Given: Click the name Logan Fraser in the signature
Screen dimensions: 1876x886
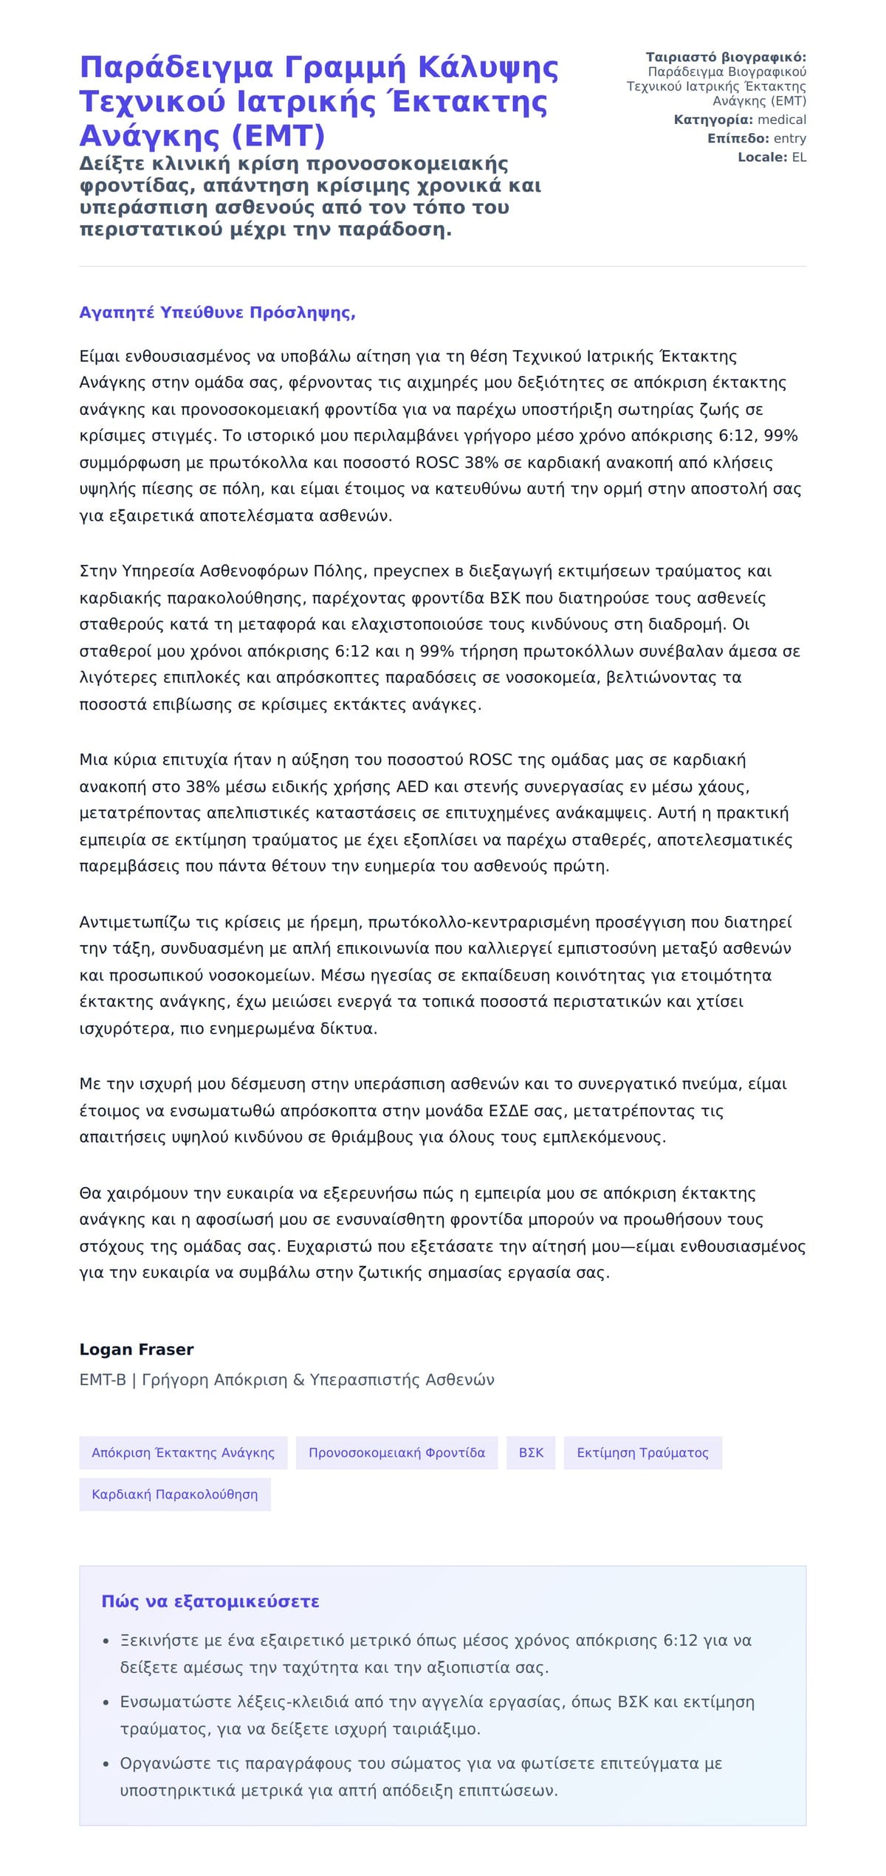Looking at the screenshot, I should [x=136, y=1349].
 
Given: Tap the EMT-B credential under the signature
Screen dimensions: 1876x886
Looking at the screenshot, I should [x=103, y=1379].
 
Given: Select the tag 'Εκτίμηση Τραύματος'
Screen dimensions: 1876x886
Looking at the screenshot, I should [x=642, y=1452].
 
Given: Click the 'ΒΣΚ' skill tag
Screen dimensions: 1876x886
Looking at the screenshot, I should [x=531, y=1452].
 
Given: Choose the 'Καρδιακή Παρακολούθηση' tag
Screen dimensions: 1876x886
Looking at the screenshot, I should [x=175, y=1494].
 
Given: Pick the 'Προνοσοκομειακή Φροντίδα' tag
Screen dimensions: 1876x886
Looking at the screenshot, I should [x=396, y=1452].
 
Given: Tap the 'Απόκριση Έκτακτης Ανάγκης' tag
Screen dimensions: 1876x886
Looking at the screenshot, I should [x=183, y=1452].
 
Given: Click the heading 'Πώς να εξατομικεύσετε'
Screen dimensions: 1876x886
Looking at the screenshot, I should [x=210, y=1601].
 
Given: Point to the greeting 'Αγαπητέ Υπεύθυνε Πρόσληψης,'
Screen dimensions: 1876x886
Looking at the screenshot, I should [x=217, y=312].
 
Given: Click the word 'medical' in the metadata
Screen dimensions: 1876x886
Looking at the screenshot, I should [x=782, y=120].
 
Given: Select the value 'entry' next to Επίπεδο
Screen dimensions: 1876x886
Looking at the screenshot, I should [x=789, y=138].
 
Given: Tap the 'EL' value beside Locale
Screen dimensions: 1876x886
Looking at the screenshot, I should [x=799, y=157].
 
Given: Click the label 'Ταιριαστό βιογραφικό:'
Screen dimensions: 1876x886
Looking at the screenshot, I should [x=726, y=58].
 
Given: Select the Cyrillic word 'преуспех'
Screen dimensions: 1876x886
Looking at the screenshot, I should [x=407, y=571].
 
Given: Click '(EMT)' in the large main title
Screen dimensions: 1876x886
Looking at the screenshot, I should [x=279, y=136].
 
